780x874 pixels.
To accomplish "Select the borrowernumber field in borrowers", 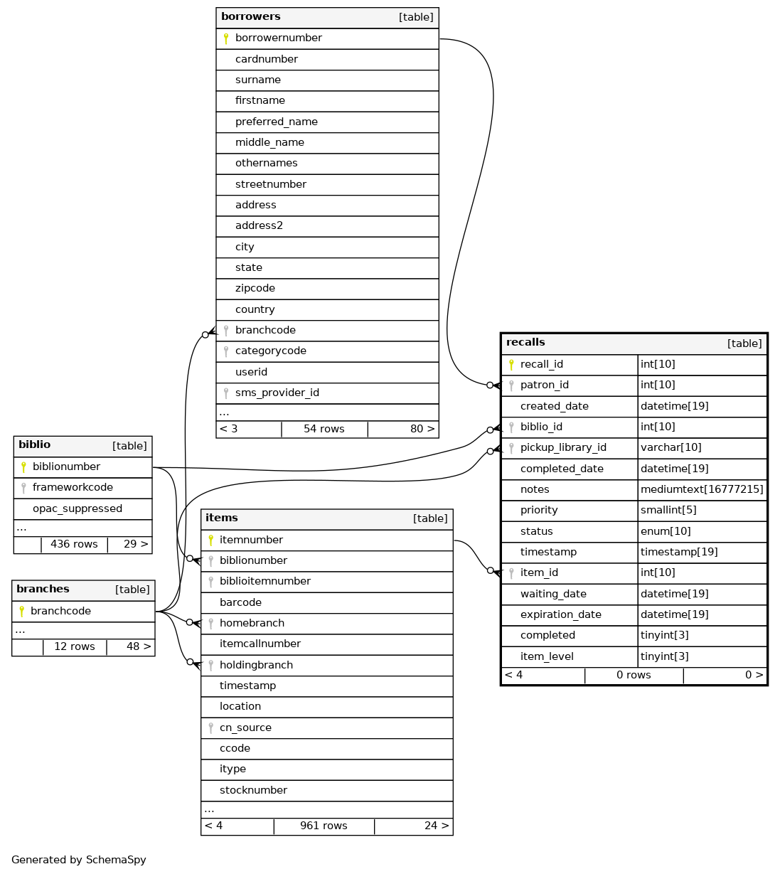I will pyautogui.click(x=279, y=38).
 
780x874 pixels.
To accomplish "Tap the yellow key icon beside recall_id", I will pyautogui.click(x=511, y=365).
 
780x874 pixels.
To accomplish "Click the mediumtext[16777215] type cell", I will pyautogui.click(x=702, y=489).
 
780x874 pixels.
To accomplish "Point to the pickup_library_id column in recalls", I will pyautogui.click(x=563, y=448).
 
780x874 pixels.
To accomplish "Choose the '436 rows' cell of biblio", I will pyautogui.click(x=74, y=545).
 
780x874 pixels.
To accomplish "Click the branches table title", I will pyautogui.click(x=43, y=590).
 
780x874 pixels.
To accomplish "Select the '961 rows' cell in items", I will pyautogui.click(x=324, y=826).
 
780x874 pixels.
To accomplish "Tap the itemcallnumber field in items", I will pyautogui.click(x=260, y=644).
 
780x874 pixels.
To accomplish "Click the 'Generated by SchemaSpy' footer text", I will pyautogui.click(x=79, y=860).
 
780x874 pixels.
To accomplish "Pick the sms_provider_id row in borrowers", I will pyautogui.click(x=277, y=393).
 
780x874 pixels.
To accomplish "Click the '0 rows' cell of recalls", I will pyautogui.click(x=634, y=676).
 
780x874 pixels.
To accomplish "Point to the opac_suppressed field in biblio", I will pyautogui.click(x=78, y=509).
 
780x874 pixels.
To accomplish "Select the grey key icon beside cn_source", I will pyautogui.click(x=210, y=728).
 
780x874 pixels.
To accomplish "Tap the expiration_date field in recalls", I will pyautogui.click(x=561, y=615).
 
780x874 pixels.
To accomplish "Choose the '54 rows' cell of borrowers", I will pyautogui.click(x=324, y=430).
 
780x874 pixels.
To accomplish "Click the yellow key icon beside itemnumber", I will pyautogui.click(x=210, y=540).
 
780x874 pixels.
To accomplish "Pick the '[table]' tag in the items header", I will pyautogui.click(x=430, y=519).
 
